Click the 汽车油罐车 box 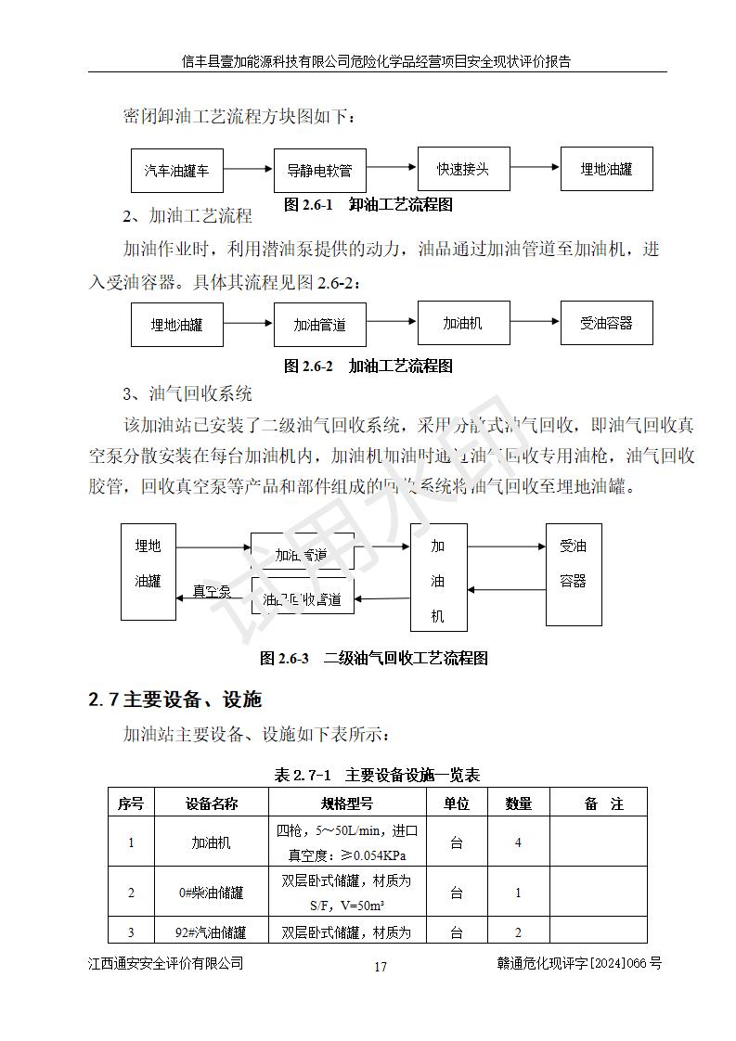coord(176,170)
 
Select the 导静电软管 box coord(319,171)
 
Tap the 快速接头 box coord(463,169)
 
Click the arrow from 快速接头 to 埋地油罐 coord(535,169)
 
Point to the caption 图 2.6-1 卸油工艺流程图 coord(368,204)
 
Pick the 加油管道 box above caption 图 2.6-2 coord(319,324)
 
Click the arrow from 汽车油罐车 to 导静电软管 coord(248,170)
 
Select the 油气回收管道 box coord(303,598)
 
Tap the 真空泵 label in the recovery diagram coord(211,591)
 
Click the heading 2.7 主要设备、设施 coord(175,699)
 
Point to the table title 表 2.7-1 coord(377,775)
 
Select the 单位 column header coord(456,803)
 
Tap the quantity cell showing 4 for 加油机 coord(518,842)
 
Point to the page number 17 coord(381,967)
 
